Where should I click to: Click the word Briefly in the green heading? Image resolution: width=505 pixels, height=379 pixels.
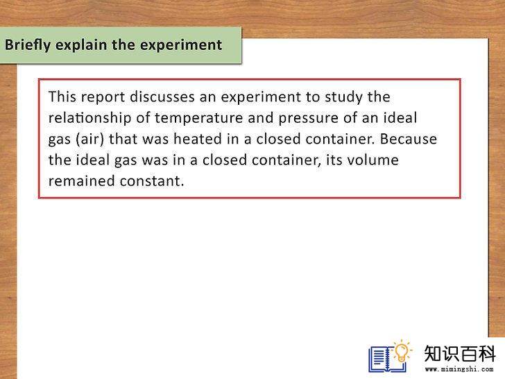point(28,45)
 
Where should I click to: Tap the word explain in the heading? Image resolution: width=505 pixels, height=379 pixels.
point(81,45)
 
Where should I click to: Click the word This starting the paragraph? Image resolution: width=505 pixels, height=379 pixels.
point(62,96)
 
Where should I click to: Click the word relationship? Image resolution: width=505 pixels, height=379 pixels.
point(89,119)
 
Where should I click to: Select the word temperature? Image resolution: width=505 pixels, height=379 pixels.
point(198,119)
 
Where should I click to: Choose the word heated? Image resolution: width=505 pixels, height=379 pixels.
point(198,139)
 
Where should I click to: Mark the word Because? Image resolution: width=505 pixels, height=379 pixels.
point(409,139)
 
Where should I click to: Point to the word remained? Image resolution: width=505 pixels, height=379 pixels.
point(81,180)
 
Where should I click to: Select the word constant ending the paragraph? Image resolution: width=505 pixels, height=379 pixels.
point(152,181)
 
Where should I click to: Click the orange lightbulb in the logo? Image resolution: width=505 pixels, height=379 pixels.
point(402,351)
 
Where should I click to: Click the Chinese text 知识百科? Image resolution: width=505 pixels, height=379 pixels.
point(460,353)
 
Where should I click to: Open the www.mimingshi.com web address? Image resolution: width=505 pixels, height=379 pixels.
point(459,369)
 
